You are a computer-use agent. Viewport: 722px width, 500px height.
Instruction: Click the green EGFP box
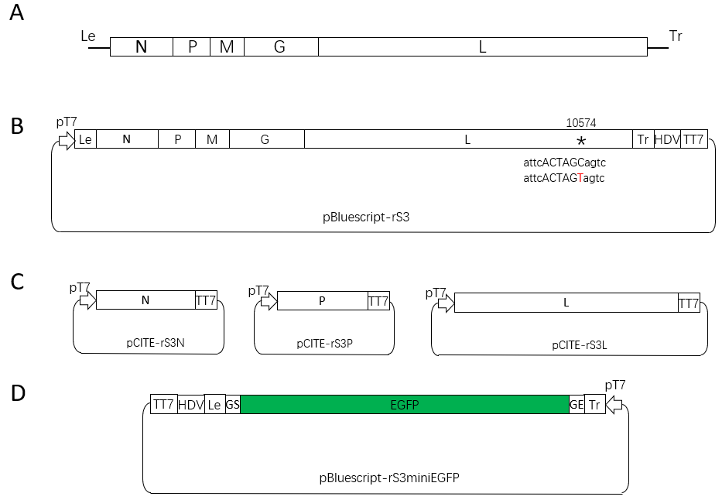click(404, 404)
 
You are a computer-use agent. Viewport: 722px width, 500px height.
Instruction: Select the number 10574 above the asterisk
click(581, 122)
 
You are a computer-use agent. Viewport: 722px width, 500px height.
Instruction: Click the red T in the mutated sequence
click(580, 178)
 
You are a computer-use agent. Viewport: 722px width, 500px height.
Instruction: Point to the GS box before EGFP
click(232, 404)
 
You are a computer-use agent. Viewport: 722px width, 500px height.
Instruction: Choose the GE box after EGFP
click(577, 404)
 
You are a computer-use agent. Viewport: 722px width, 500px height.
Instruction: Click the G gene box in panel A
click(280, 46)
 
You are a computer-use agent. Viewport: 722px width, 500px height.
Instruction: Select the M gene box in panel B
click(212, 139)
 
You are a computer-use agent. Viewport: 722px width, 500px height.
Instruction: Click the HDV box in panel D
click(190, 404)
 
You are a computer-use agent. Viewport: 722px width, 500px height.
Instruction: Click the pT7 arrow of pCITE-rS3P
click(268, 301)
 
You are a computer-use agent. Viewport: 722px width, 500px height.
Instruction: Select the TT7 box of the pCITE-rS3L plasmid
click(689, 303)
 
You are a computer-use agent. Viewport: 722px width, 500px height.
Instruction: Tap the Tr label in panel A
click(675, 36)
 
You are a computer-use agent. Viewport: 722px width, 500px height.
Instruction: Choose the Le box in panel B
click(85, 139)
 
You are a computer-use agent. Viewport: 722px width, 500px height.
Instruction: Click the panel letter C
click(17, 281)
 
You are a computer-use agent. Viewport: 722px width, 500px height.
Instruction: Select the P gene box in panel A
click(192, 46)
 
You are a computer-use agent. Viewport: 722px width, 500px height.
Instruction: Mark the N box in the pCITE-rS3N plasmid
click(145, 300)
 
